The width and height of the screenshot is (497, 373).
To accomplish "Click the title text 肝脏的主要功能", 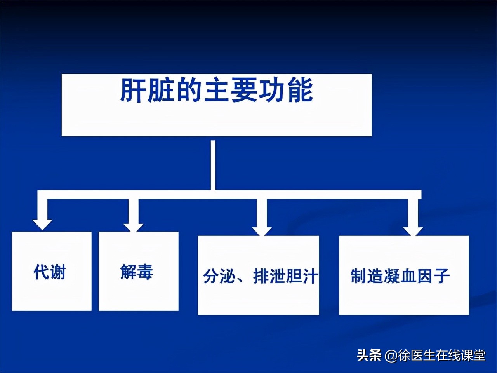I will pos(216,90).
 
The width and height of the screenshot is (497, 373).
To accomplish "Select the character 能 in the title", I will pos(300,90).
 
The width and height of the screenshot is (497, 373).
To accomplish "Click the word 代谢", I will pos(50,272).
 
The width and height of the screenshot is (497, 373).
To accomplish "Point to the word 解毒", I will pos(137,272).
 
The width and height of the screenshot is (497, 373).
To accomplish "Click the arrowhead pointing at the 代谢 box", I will pos(42,224).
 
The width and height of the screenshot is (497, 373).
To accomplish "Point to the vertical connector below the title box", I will pos(213,165).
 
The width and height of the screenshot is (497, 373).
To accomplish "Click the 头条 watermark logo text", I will pos(369,355).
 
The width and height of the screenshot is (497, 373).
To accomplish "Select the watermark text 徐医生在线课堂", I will pos(441,355).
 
